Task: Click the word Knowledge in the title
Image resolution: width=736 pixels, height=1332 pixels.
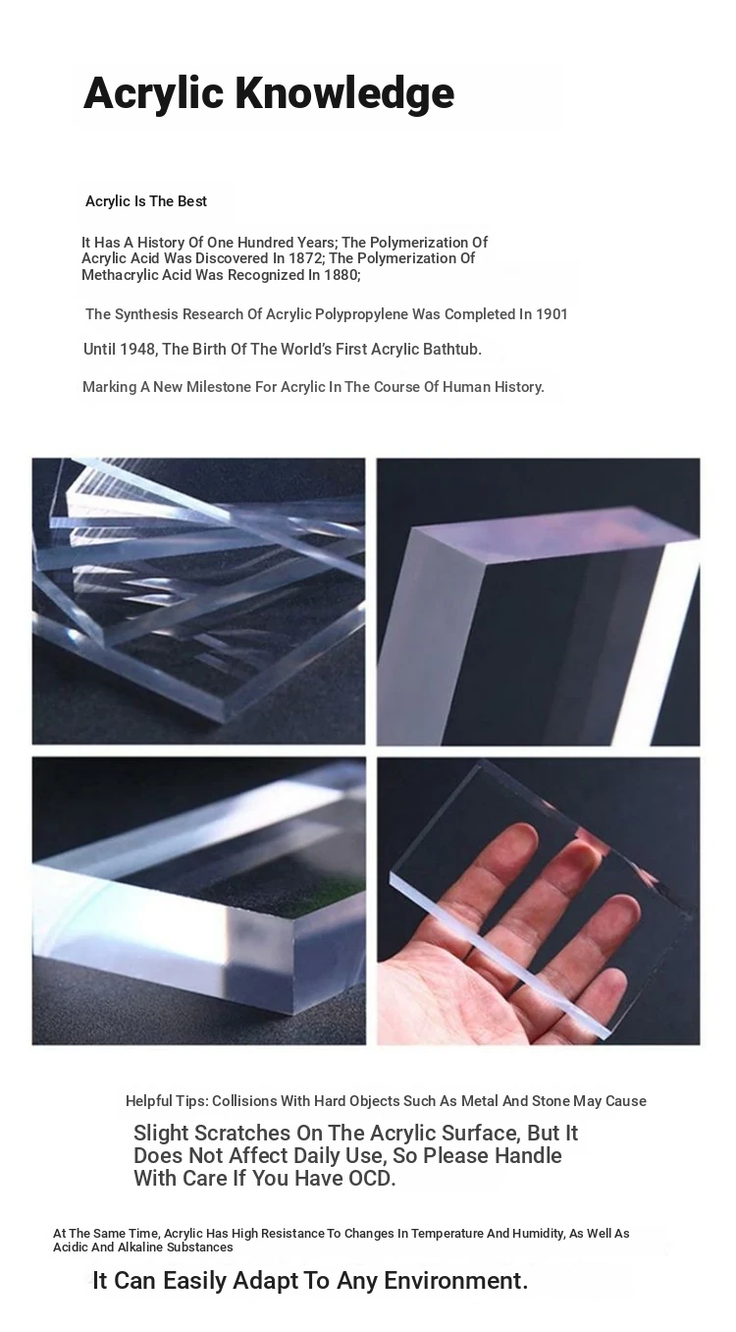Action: (x=344, y=94)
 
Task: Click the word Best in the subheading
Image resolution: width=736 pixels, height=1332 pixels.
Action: (x=192, y=201)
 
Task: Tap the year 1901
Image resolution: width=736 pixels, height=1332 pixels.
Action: (x=552, y=314)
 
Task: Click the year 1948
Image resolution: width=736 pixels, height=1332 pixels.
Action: (x=137, y=350)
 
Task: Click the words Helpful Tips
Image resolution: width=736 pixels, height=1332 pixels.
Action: (x=167, y=1101)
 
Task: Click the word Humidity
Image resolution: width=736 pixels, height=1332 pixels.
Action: (x=537, y=1234)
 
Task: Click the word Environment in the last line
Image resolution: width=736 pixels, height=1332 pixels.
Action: (x=456, y=1280)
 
